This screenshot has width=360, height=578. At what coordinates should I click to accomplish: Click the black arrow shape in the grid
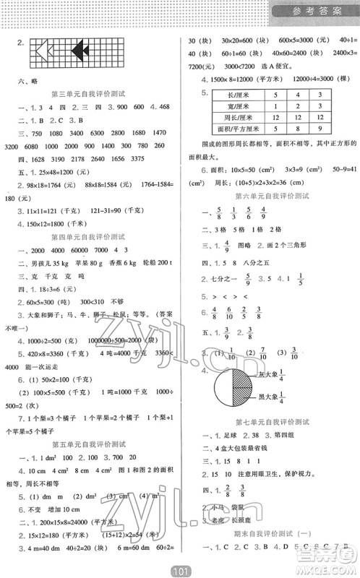(81, 50)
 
